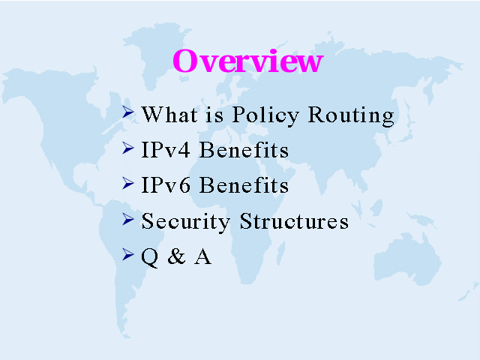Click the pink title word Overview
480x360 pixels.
248,61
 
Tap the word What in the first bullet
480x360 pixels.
169,115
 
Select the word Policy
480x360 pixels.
265,115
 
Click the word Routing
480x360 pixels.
351,115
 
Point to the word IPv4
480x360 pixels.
166,150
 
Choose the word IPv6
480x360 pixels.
166,185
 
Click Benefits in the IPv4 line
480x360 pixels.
244,150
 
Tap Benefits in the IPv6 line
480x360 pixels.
244,185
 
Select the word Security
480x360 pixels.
185,221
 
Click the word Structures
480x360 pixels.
294,220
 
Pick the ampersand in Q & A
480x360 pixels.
177,256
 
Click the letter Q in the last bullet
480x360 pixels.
150,257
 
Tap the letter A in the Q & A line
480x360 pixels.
202,256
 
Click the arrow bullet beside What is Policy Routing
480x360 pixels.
128,112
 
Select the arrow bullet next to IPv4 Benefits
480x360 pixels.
128,148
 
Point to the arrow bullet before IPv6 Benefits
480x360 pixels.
128,183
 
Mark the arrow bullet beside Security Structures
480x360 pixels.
128,219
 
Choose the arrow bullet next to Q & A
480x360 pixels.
128,254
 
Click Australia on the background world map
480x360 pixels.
407,259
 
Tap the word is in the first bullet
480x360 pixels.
214,115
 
